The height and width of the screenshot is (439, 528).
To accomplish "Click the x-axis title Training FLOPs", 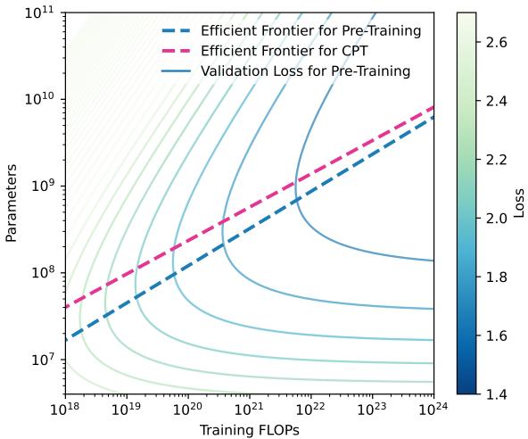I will (249, 428).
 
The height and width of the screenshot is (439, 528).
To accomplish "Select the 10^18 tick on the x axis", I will (64, 410).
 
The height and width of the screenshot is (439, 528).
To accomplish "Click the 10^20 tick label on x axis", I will (187, 410).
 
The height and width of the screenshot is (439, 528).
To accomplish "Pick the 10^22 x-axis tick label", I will (310, 410).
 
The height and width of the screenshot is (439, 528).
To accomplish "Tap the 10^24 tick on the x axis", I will (433, 410).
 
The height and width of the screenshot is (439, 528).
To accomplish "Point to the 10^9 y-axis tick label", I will (43, 186).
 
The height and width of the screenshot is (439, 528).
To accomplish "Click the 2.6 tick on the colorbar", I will (498, 42).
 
